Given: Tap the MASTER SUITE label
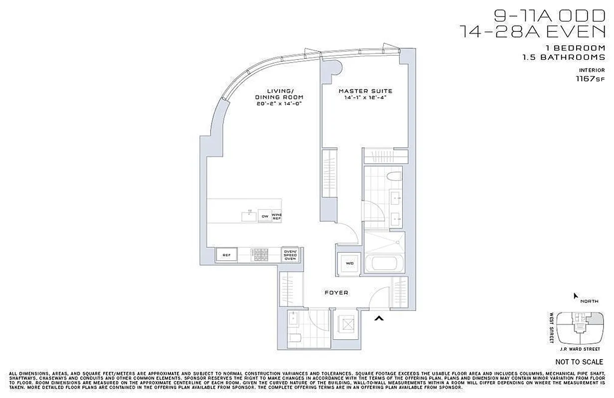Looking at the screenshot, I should tap(365, 91).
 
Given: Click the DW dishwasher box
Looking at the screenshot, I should tap(265, 216).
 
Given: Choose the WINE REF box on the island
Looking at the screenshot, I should tap(277, 216).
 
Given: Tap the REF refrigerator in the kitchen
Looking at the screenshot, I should tap(226, 255).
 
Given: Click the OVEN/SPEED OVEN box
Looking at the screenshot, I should tap(290, 254).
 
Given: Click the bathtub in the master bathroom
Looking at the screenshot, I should tap(385, 263).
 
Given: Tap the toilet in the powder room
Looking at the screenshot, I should tap(296, 338).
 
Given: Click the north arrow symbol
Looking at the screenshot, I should tap(576, 296).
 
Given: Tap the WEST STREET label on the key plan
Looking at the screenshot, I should tap(552, 327).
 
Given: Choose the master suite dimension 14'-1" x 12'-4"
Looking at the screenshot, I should tap(365, 98).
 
